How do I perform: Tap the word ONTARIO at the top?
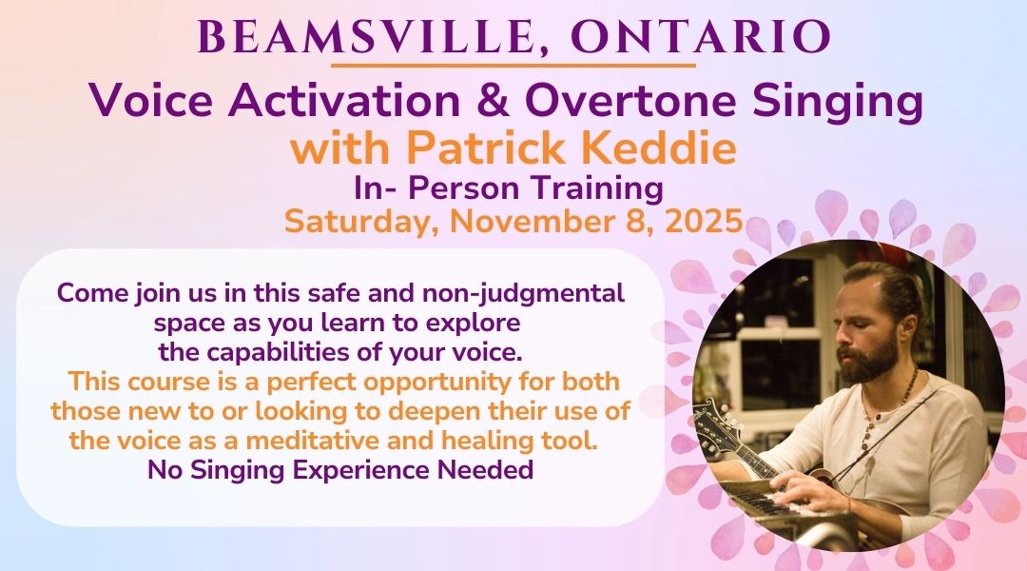coord(701,37)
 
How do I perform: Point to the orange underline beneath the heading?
coord(513,66)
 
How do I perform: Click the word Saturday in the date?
coord(362,222)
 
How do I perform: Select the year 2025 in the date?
coord(704,222)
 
